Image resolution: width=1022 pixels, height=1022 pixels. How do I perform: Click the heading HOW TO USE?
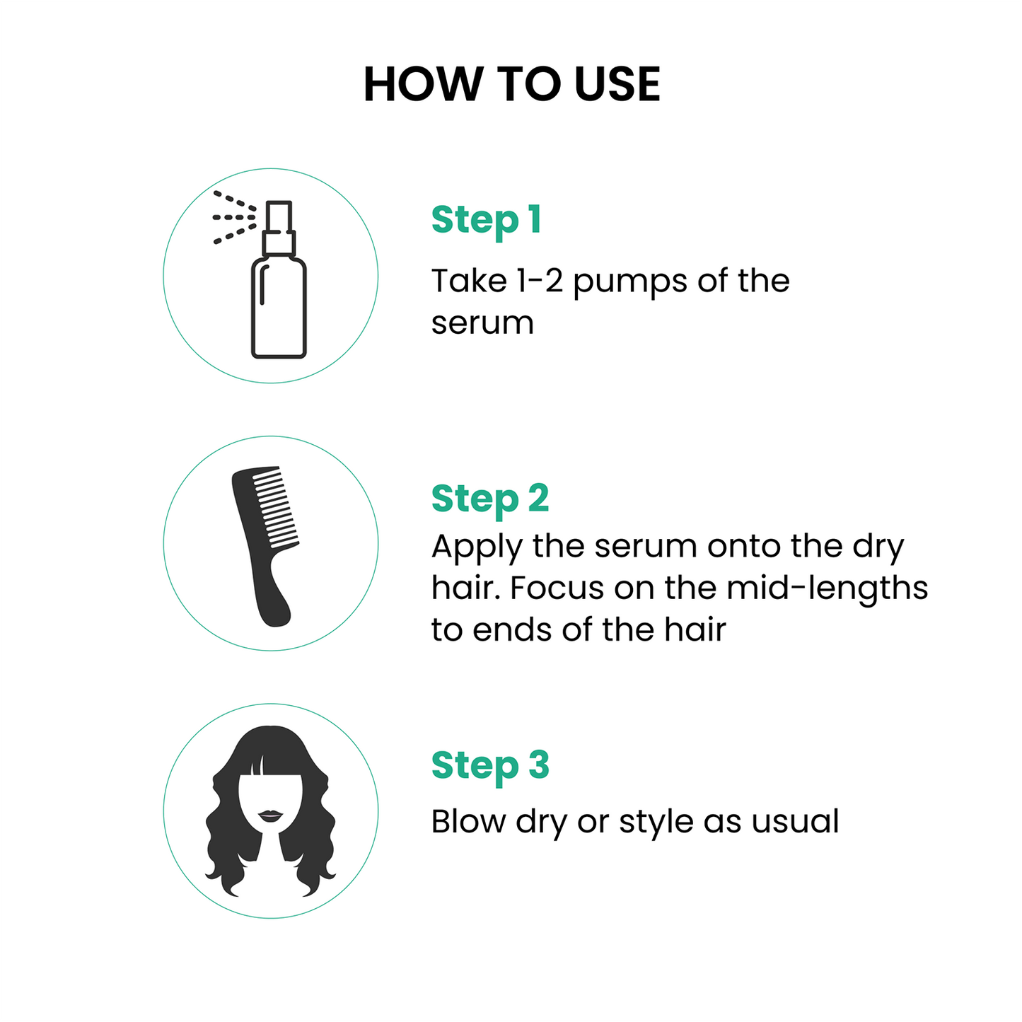pyautogui.click(x=511, y=84)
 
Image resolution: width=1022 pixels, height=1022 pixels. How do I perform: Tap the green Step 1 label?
pyautogui.click(x=487, y=220)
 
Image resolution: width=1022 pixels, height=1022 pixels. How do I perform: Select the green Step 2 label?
pyautogui.click(x=490, y=499)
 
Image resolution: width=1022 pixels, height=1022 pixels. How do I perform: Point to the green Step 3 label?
pyautogui.click(x=490, y=766)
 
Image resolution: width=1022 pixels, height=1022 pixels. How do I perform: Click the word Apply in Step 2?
pyautogui.click(x=477, y=547)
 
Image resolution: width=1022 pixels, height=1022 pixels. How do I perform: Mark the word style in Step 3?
pyautogui.click(x=656, y=823)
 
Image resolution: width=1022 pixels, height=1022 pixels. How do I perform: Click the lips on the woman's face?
pyautogui.click(x=270, y=816)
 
